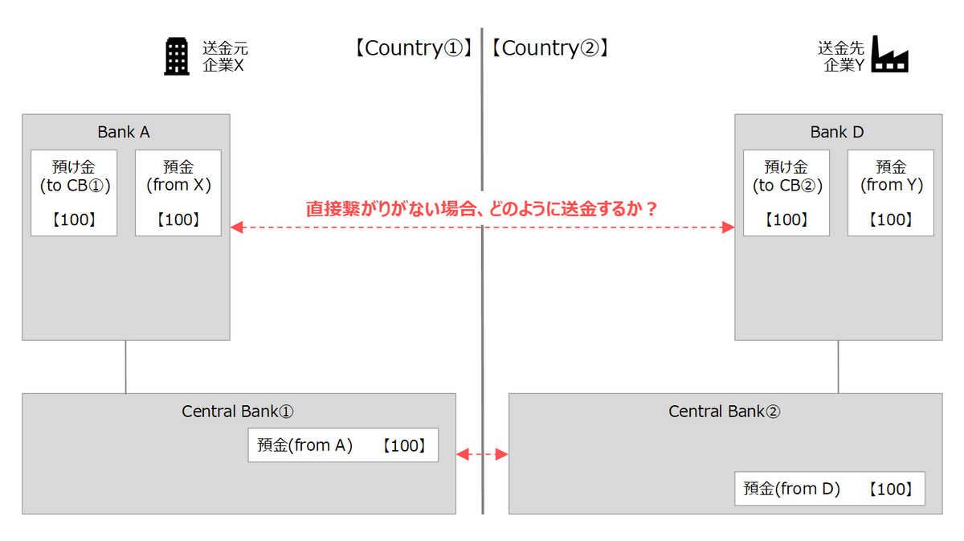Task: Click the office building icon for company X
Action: tap(177, 56)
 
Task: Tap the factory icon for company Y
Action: tap(890, 55)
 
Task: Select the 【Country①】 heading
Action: tap(410, 48)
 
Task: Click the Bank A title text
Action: tap(124, 132)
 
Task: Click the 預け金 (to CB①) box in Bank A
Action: tap(74, 193)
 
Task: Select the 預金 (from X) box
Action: tap(178, 193)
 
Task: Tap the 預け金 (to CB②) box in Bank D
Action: tap(786, 193)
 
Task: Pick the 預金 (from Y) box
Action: tap(891, 193)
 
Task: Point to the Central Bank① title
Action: tap(238, 412)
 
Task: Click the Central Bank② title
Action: tap(725, 412)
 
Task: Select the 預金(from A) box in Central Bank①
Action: tap(343, 445)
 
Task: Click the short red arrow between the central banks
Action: tap(482, 455)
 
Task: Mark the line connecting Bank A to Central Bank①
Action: tap(126, 367)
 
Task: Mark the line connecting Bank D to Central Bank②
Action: tap(838, 367)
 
